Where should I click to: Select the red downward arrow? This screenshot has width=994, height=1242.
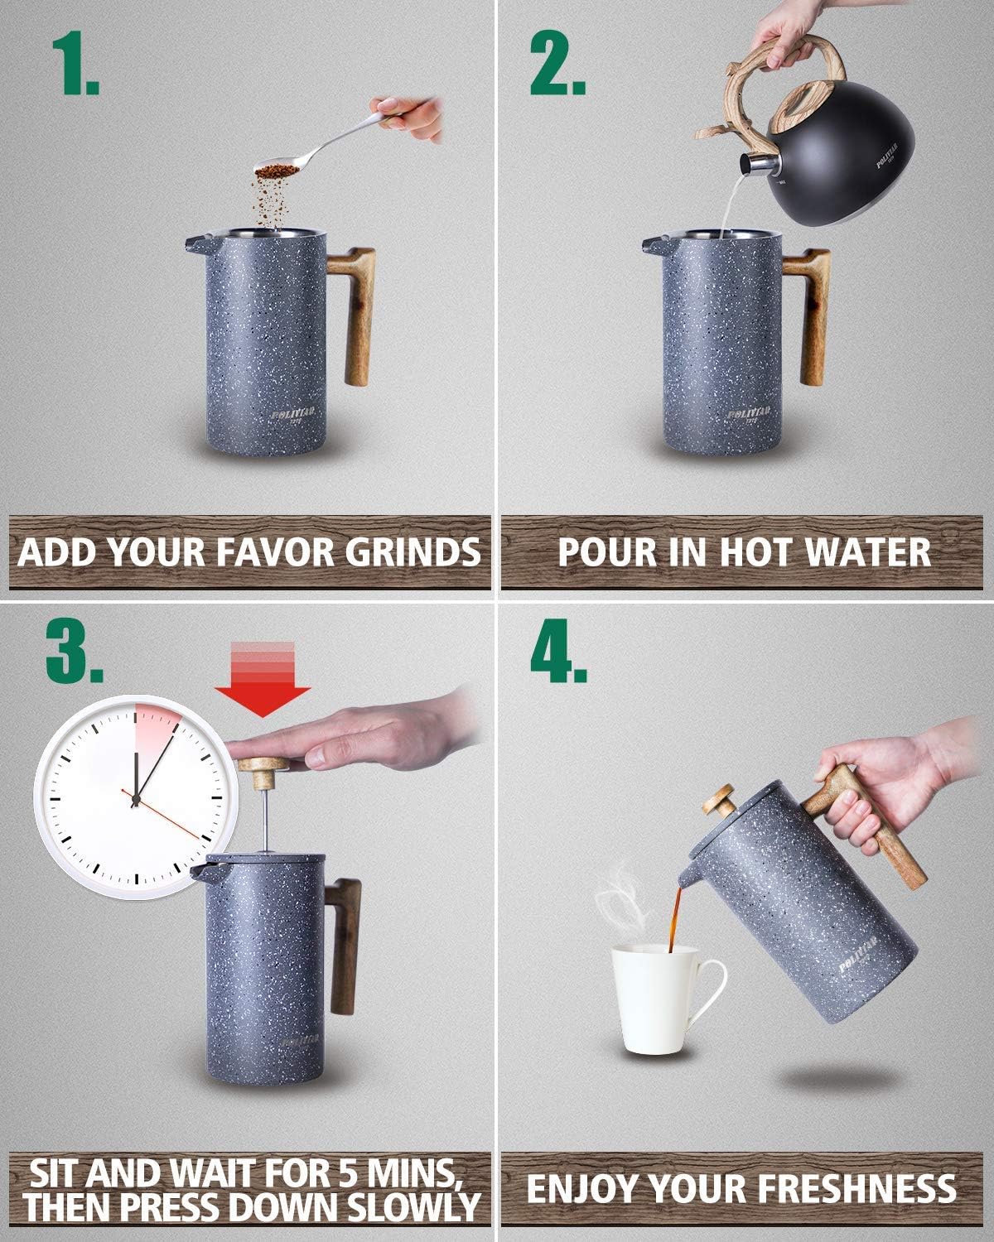(x=263, y=678)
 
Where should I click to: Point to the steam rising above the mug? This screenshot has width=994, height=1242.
(x=621, y=898)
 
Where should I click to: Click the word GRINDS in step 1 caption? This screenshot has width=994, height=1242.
(x=413, y=551)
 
